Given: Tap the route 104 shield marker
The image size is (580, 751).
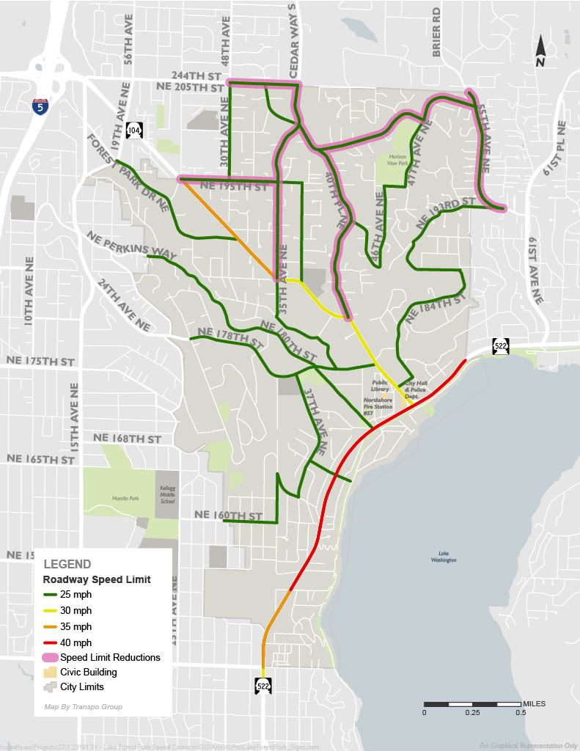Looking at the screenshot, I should [x=133, y=131].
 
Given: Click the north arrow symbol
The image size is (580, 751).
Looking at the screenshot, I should [x=540, y=52].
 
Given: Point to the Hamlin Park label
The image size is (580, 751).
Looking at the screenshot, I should [x=125, y=498].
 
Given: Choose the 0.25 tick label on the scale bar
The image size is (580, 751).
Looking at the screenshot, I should [x=472, y=712].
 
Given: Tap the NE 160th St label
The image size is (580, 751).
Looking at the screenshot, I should [x=230, y=516].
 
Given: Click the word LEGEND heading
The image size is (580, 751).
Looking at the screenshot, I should [x=67, y=564].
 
